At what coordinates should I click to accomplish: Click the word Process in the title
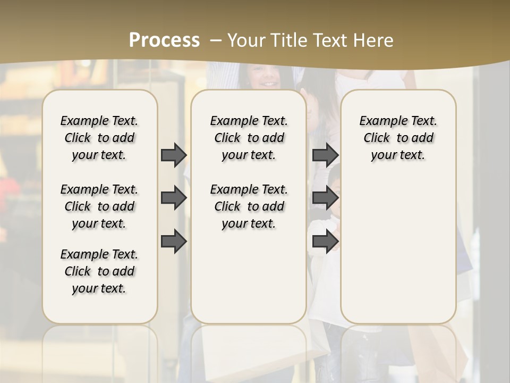tap(164, 40)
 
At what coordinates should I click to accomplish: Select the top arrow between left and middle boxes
tap(174, 155)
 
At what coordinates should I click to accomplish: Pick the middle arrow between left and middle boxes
tap(174, 198)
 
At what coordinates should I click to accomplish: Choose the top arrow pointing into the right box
tap(325, 155)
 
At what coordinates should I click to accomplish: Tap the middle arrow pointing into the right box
tap(325, 198)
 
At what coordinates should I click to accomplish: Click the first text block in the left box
tap(99, 138)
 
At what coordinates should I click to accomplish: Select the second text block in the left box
tap(99, 206)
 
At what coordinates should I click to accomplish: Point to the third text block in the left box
tap(99, 271)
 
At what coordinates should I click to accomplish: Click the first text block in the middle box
tap(249, 138)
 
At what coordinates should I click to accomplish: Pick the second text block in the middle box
tap(249, 206)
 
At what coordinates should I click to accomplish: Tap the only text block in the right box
tap(398, 138)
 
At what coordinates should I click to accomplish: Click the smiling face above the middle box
tap(264, 77)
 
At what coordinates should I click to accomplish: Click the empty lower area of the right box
tap(398, 250)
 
